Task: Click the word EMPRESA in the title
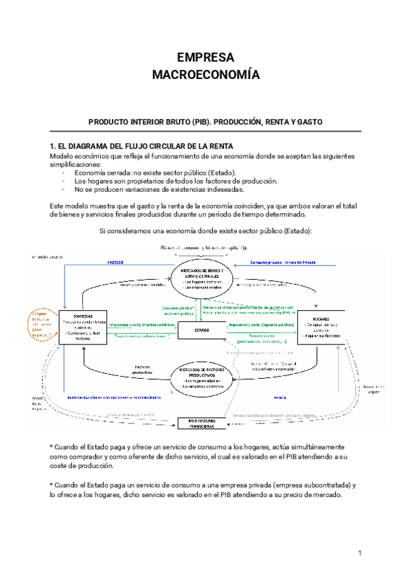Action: tap(205, 57)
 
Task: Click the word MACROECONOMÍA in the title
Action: tap(205, 74)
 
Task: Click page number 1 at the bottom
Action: tap(359, 553)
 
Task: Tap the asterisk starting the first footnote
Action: tap(52, 448)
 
